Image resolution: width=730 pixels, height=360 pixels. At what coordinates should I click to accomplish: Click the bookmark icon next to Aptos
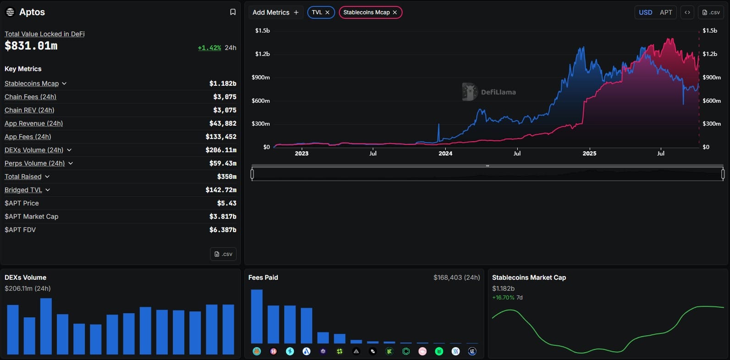[x=232, y=12]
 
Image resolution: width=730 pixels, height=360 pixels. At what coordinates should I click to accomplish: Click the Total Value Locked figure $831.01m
[x=31, y=46]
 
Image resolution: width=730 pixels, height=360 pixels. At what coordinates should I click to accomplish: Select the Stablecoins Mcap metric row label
[x=32, y=83]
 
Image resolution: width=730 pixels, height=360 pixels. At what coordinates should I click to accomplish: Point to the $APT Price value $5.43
[x=227, y=203]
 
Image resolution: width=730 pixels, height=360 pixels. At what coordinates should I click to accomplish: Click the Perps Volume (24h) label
[x=35, y=163]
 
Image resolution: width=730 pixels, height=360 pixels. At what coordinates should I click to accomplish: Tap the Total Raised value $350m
[x=227, y=177]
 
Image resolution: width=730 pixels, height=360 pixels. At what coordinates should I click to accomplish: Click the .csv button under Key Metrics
[x=223, y=254]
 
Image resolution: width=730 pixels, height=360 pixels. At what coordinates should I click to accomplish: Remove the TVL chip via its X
[x=327, y=12]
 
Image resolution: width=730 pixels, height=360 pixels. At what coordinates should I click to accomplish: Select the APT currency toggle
[x=666, y=12]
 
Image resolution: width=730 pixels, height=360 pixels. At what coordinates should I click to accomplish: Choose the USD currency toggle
[x=645, y=12]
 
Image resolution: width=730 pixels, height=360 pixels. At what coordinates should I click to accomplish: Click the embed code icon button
[x=687, y=12]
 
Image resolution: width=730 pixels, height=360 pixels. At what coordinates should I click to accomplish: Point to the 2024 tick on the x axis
[x=445, y=154]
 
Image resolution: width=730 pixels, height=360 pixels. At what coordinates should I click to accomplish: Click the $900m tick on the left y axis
[x=260, y=78]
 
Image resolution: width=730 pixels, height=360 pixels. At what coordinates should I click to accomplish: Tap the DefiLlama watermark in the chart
[x=489, y=92]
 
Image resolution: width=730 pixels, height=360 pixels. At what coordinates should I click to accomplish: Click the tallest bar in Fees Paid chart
[x=257, y=316]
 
